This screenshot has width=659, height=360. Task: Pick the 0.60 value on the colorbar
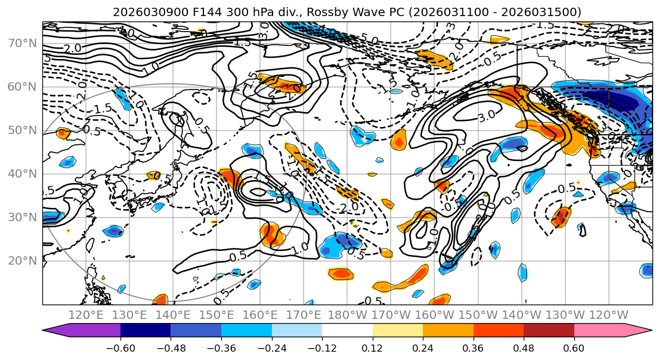[x=574, y=347]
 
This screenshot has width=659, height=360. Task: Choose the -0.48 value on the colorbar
[x=171, y=347]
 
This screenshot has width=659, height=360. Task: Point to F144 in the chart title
[x=193, y=12]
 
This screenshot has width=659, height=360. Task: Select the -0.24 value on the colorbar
[x=271, y=347]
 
